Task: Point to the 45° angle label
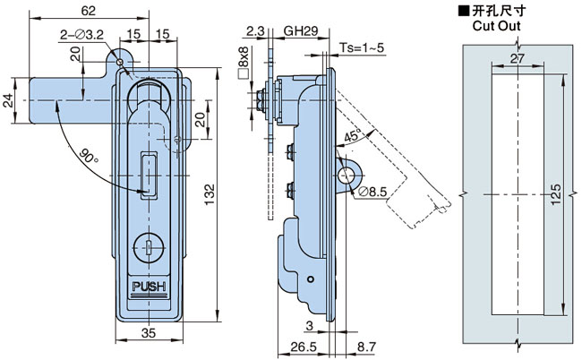[x=352, y=137]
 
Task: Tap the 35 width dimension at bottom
[x=148, y=333]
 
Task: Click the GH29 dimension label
[x=301, y=30]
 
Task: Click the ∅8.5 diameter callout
[x=372, y=190]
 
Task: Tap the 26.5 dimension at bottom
[x=303, y=346]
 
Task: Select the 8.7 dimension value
[x=367, y=346]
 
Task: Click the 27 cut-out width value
[x=517, y=59]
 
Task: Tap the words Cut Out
[x=496, y=27]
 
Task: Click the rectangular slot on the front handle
[x=148, y=173]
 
